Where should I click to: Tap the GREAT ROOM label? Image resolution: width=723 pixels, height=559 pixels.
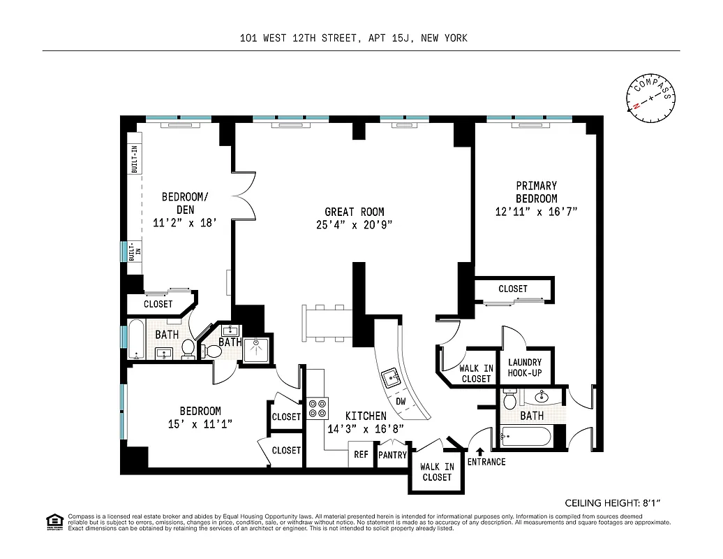pos(354,212)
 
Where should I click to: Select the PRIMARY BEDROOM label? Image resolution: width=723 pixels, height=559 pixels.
pos(536,191)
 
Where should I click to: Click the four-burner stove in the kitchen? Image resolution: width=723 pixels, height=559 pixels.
pos(318,407)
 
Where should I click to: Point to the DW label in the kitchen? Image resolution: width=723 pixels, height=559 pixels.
pos(401,402)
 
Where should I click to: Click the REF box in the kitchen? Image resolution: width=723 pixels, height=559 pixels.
pos(361,454)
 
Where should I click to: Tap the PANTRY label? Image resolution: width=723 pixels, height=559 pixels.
pos(392,455)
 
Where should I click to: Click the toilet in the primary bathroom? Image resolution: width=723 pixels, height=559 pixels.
pos(509,400)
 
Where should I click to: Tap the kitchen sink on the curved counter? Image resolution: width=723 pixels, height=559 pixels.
pos(388,379)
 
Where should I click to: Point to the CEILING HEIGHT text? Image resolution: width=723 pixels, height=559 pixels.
pos(611,502)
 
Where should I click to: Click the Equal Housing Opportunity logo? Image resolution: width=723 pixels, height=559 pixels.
pos(54,521)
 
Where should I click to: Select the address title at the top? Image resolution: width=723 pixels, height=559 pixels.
pos(352,39)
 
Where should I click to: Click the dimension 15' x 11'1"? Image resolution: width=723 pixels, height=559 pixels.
pos(200,423)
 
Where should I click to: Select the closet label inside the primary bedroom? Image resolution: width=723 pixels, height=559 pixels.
pos(512,289)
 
